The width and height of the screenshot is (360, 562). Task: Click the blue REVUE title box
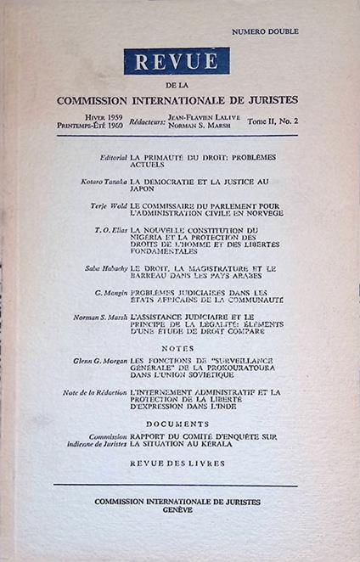(176, 62)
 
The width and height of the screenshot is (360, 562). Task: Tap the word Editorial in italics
(111, 159)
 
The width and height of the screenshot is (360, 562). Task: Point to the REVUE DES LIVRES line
(177, 464)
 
